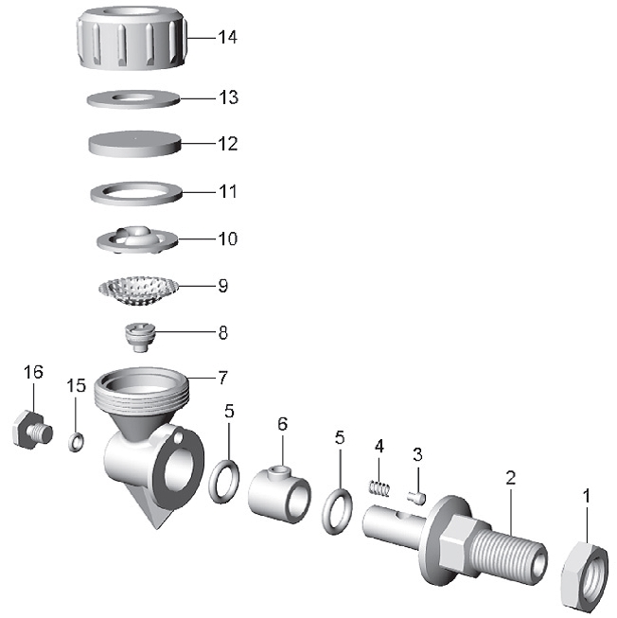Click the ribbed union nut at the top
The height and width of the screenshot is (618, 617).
[x=132, y=38]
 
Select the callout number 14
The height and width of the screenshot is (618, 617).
[x=228, y=38]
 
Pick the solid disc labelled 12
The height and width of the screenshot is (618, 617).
[x=135, y=144]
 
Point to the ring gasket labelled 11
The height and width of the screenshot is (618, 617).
[x=136, y=193]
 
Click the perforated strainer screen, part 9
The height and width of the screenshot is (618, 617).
[x=138, y=291]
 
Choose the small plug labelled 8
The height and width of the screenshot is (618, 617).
[x=140, y=337]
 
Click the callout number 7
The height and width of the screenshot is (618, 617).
[x=223, y=378]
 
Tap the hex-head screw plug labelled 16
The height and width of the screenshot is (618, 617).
[x=32, y=429]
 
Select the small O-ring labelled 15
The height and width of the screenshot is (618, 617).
[x=76, y=442]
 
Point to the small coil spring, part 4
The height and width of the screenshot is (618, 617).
[x=379, y=488]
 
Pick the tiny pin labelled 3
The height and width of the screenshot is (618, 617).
[x=417, y=498]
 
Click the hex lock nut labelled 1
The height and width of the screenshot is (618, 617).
[x=584, y=574]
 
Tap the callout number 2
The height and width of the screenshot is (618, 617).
[x=511, y=478]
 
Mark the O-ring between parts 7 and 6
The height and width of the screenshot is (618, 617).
[x=223, y=481]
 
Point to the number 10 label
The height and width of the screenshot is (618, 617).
[x=228, y=238]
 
